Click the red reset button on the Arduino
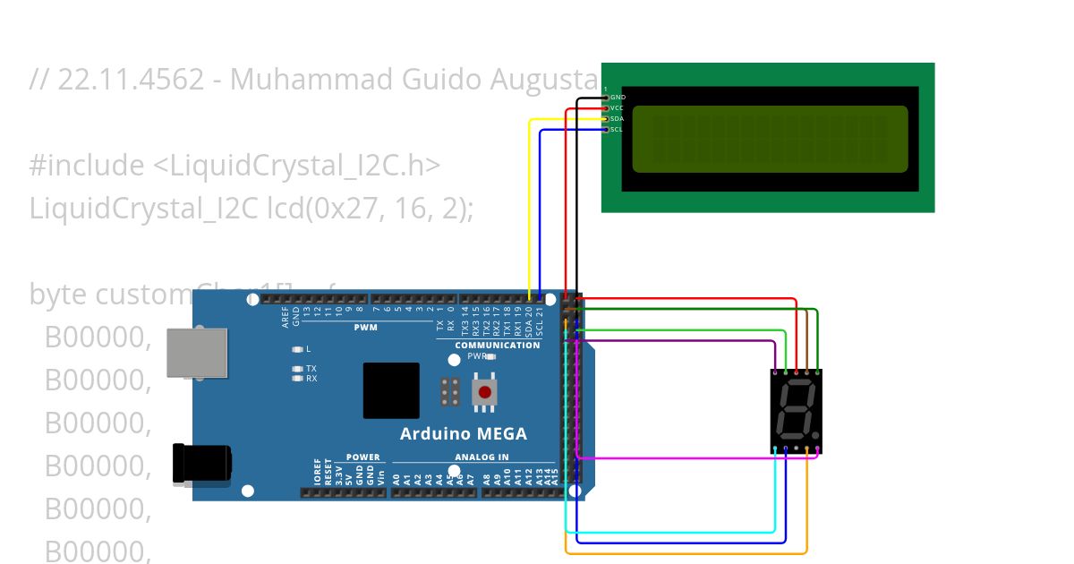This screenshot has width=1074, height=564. click(485, 391)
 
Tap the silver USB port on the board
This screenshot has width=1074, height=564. click(197, 352)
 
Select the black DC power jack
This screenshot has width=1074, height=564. click(201, 463)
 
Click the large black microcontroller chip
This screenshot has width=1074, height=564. click(391, 390)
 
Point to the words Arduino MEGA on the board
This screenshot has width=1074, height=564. click(463, 434)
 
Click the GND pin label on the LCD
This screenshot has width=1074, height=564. click(618, 97)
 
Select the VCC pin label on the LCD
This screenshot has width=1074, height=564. click(617, 107)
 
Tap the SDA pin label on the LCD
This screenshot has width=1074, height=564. click(617, 118)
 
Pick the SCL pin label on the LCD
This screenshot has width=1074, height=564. click(617, 129)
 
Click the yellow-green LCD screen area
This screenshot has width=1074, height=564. click(770, 139)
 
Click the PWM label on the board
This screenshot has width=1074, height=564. click(365, 328)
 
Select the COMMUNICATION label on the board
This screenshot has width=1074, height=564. click(498, 345)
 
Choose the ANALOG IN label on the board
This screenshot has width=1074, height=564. click(482, 457)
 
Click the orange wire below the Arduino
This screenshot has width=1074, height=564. click(686, 552)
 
